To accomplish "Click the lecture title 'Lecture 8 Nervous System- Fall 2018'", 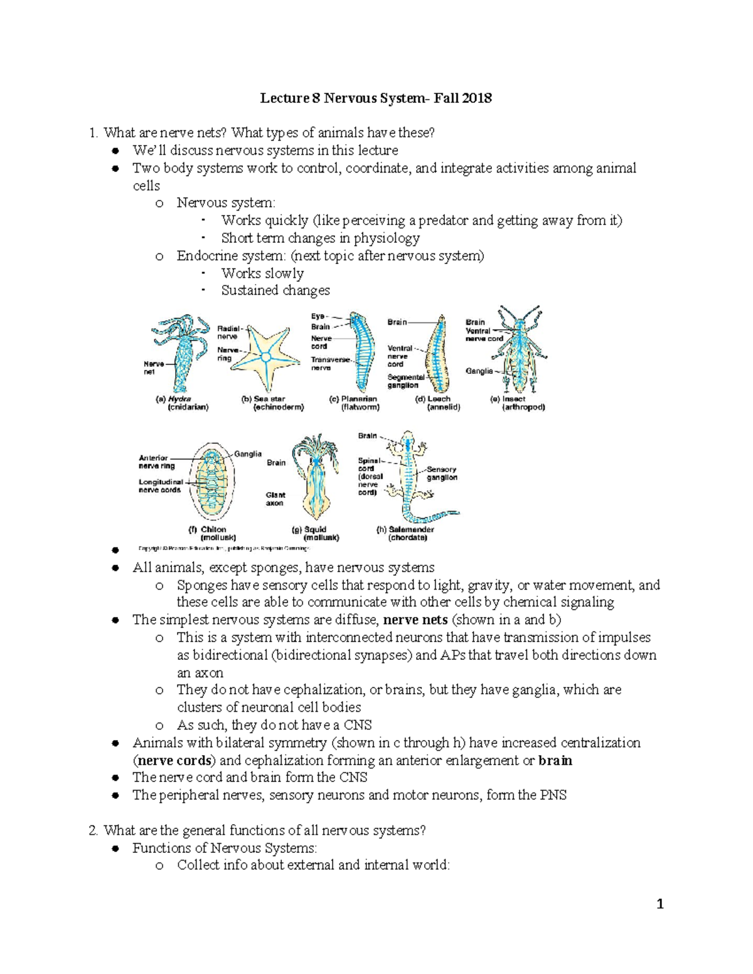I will tap(376, 98).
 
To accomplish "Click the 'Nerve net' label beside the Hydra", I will tap(154, 368).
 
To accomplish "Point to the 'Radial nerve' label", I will tap(228, 332).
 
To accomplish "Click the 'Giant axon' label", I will tap(275, 499).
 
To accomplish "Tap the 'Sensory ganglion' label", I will tap(442, 474).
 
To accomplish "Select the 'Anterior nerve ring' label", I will tap(156, 462).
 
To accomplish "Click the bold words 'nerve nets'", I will tap(415, 620).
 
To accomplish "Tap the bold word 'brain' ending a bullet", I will tap(555, 760).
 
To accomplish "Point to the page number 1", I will tap(660, 904).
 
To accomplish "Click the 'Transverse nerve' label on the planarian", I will tap(331, 364).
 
